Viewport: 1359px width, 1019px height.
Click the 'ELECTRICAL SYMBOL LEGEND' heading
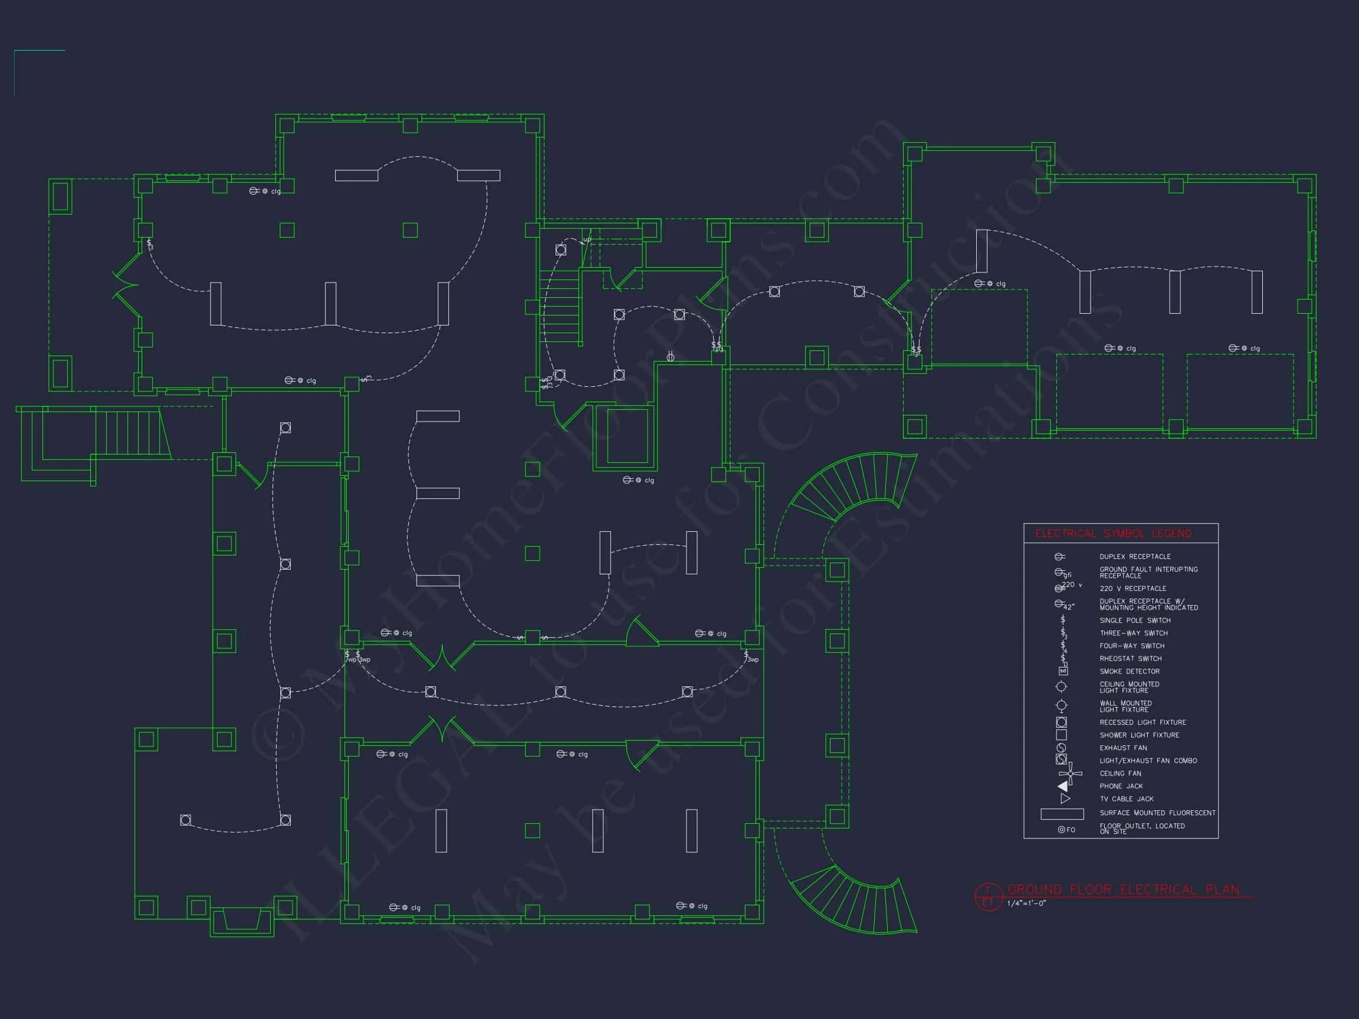point(1113,534)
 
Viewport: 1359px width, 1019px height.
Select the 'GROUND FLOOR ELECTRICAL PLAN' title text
point(1124,889)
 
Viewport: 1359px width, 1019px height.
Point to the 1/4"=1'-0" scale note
point(1026,903)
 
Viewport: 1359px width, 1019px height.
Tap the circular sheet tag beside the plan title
point(988,896)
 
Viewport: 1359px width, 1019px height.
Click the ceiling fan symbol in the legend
point(1070,774)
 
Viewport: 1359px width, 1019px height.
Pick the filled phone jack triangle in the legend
point(1063,786)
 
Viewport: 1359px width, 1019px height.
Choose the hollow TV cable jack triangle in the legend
point(1065,799)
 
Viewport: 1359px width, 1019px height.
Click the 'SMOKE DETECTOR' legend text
point(1129,671)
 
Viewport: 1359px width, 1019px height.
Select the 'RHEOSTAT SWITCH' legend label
point(1131,659)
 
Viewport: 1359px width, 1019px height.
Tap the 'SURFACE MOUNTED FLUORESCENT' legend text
point(1157,813)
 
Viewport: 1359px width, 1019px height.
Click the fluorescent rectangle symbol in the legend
point(1062,814)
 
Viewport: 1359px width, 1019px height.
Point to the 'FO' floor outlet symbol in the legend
point(1066,830)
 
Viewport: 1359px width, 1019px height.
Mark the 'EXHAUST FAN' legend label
point(1123,748)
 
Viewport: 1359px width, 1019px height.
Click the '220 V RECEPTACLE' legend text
point(1132,589)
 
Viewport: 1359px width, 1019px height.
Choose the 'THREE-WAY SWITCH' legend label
point(1134,633)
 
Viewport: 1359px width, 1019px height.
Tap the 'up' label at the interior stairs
point(587,239)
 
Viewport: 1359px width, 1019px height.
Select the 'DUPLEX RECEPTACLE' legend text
point(1135,557)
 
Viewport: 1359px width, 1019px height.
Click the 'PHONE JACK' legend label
point(1121,786)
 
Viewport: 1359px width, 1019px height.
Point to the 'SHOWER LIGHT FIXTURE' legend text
point(1139,735)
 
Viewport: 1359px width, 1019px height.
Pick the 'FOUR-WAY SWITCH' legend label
point(1132,646)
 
